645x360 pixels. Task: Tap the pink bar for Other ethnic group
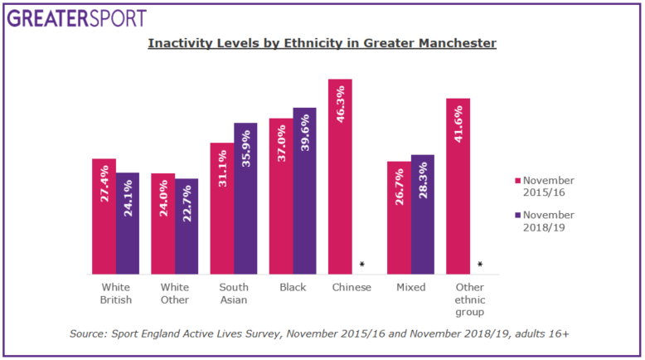[x=458, y=186]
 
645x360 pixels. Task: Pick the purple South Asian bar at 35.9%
[x=245, y=198]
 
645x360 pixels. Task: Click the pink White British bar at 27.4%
[x=104, y=216]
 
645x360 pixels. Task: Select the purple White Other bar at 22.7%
[x=187, y=226]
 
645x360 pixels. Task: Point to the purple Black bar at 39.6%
[x=304, y=191]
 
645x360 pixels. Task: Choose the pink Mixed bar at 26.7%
[x=400, y=217]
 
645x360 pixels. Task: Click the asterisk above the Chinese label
[x=362, y=265]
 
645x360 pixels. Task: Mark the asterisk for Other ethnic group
[x=481, y=265]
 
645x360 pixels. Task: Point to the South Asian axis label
[x=234, y=294]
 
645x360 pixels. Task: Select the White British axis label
[x=115, y=294]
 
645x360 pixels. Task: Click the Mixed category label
[x=411, y=288]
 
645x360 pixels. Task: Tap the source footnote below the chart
[x=319, y=333]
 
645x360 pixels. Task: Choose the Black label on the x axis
[x=293, y=288]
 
